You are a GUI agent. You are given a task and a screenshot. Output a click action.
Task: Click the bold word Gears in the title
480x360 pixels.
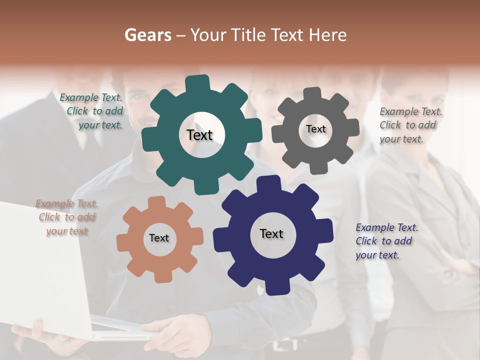(148, 35)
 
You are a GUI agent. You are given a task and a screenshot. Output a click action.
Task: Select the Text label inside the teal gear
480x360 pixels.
(199, 135)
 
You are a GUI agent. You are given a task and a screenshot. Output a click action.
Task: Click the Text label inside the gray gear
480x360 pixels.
(315, 129)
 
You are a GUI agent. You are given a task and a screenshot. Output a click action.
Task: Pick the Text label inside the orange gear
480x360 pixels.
(159, 238)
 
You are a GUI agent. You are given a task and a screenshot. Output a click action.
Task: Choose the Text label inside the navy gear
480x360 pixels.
(271, 233)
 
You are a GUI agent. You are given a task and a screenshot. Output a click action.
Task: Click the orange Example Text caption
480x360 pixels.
(67, 217)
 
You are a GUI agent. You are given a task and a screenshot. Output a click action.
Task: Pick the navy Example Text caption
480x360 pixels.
(385, 241)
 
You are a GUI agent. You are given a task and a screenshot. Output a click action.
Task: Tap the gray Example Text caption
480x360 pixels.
(409, 125)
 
